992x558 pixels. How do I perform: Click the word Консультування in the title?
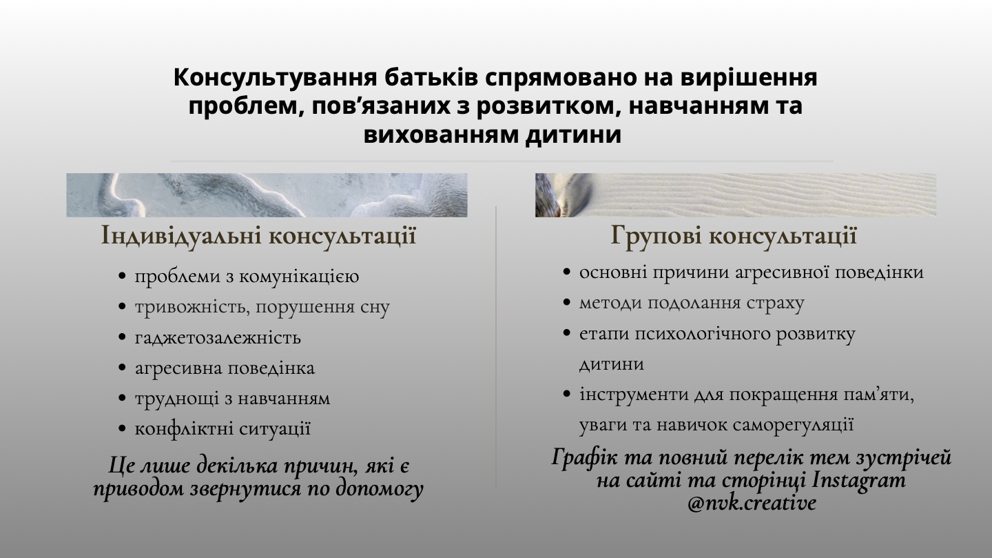tap(275, 78)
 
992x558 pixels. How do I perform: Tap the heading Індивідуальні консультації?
tap(258, 235)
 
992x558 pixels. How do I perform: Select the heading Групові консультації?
tap(734, 235)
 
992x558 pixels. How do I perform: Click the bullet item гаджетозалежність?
tap(218, 337)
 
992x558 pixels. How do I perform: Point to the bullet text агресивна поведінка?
tap(225, 368)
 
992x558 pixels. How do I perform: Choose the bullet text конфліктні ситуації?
tap(223, 428)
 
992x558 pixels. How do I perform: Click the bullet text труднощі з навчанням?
tap(233, 398)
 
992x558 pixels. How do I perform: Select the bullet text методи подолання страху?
tap(692, 303)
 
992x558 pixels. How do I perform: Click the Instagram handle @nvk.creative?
tap(752, 503)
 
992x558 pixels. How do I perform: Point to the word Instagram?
tap(858, 481)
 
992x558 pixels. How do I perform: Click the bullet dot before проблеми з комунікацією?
tap(123, 277)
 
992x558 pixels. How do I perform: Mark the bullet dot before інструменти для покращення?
tap(566, 393)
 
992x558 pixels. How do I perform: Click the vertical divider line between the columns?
tap(496, 348)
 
